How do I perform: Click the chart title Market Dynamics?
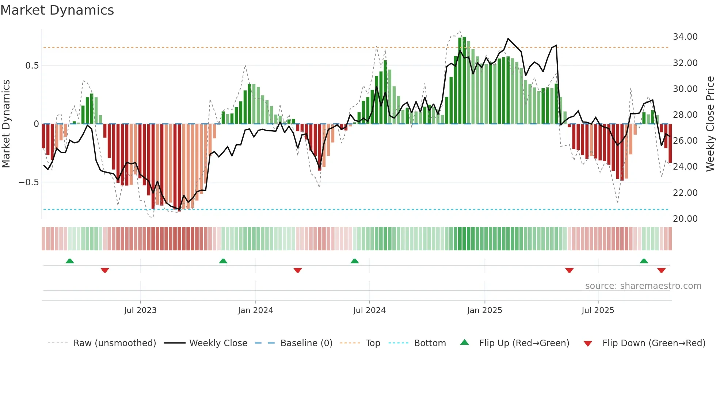tap(57, 10)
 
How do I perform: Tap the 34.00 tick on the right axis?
tap(685, 37)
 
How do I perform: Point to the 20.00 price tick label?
tap(685, 219)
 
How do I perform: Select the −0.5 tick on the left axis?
tap(28, 182)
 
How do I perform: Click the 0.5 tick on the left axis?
tap(32, 66)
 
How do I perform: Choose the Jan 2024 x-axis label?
tap(255, 310)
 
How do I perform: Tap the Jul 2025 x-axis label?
tap(598, 310)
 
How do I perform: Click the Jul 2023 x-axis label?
tap(140, 310)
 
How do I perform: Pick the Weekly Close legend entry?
tap(218, 343)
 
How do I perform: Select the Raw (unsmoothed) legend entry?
tap(114, 343)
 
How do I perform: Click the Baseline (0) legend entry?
tap(306, 343)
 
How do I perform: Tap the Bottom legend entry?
tap(430, 343)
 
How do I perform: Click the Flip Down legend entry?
tap(654, 343)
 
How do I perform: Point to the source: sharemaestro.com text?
tap(643, 286)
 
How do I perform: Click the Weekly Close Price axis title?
tap(710, 124)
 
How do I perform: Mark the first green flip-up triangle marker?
tap(70, 261)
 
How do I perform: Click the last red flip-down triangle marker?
tap(661, 270)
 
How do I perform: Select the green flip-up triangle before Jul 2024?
tap(354, 261)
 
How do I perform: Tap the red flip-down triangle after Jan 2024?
tap(297, 270)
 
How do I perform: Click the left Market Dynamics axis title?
tap(6, 124)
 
